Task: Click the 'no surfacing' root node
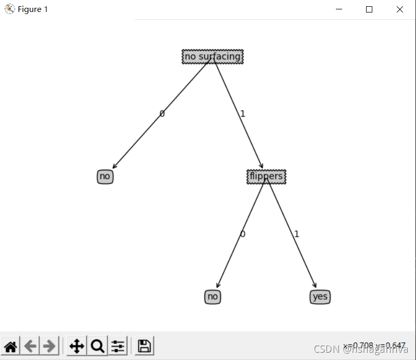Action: tap(213, 56)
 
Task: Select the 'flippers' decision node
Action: tap(266, 176)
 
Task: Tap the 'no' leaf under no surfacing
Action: tap(105, 176)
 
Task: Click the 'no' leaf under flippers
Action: tap(212, 297)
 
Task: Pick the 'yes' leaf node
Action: tap(320, 297)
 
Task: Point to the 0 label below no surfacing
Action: tap(162, 113)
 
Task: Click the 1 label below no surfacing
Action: tap(242, 113)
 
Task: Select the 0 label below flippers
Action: tap(242, 234)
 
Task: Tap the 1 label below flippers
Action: tap(296, 234)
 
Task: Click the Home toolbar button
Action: tap(11, 346)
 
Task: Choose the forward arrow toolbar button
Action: tap(49, 346)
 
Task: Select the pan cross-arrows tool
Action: tap(76, 346)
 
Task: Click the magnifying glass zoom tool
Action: tap(97, 346)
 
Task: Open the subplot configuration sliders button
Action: tap(118, 346)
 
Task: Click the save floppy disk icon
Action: tap(144, 346)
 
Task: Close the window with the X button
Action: tap(399, 9)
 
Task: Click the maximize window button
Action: tap(369, 9)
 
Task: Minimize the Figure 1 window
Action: tap(339, 9)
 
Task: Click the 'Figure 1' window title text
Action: tap(33, 9)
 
